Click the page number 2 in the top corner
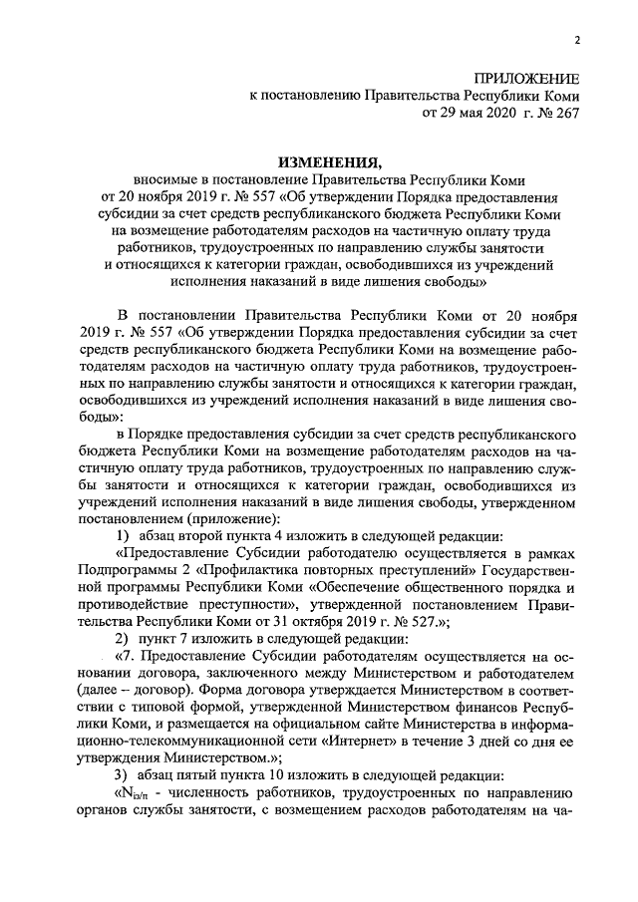coord(576,40)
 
